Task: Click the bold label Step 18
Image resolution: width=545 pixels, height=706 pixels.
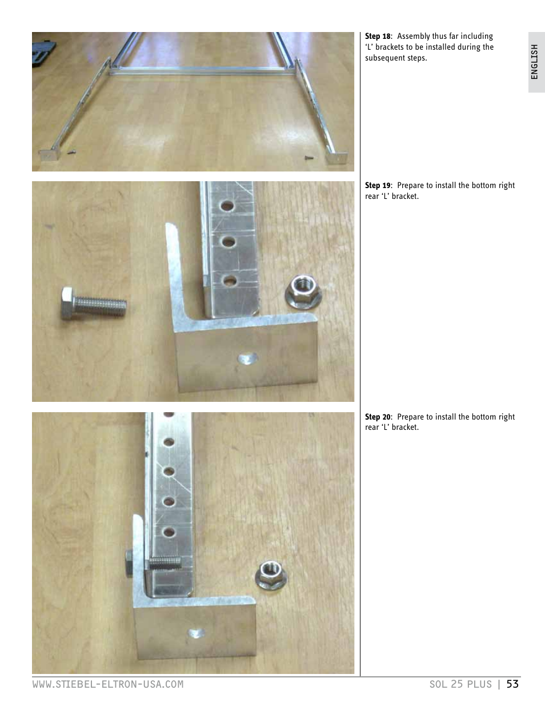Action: click(378, 37)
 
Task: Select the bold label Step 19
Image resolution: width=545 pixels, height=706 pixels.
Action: click(378, 186)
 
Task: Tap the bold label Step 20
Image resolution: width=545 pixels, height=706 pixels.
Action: click(378, 417)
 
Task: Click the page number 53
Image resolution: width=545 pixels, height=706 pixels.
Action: click(512, 684)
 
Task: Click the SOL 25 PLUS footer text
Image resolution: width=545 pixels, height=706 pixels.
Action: click(460, 684)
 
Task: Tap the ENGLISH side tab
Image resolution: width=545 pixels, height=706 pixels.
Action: click(535, 62)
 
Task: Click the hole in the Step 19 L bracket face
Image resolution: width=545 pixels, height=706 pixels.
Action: click(247, 359)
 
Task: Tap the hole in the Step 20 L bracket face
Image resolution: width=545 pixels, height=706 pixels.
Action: click(197, 632)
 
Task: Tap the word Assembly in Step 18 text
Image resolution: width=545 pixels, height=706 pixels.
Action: click(414, 37)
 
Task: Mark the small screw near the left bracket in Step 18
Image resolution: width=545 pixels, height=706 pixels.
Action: click(71, 153)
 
